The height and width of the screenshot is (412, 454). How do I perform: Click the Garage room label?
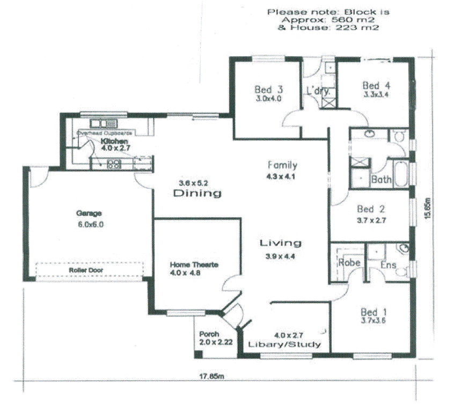coord(89,213)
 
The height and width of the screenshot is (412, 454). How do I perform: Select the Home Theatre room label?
coord(194,264)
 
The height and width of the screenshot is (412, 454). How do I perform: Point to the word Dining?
coord(198,194)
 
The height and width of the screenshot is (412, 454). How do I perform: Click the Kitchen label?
coord(114,141)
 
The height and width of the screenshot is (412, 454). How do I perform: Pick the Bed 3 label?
coord(268,90)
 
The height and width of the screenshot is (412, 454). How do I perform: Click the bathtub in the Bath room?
coord(400,173)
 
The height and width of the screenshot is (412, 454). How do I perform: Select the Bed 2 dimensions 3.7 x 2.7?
coord(371,220)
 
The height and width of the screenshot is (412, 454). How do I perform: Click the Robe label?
coord(348,263)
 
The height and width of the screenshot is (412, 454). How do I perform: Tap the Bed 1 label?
coord(373,312)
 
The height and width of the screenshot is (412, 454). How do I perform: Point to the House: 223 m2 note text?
coord(328,27)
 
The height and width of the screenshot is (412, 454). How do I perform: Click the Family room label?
coord(282,165)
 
